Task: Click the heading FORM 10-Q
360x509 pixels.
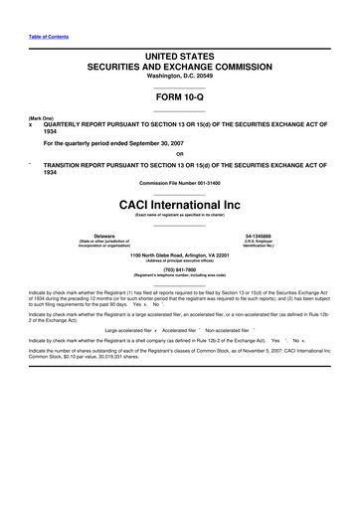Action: pos(179,100)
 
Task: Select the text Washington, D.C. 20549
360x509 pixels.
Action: pos(179,82)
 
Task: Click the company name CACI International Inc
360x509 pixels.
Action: pos(179,204)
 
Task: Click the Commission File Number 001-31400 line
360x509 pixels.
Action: pos(179,186)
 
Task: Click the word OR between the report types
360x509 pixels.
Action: pos(179,154)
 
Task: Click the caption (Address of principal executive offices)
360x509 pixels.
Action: pos(179,260)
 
